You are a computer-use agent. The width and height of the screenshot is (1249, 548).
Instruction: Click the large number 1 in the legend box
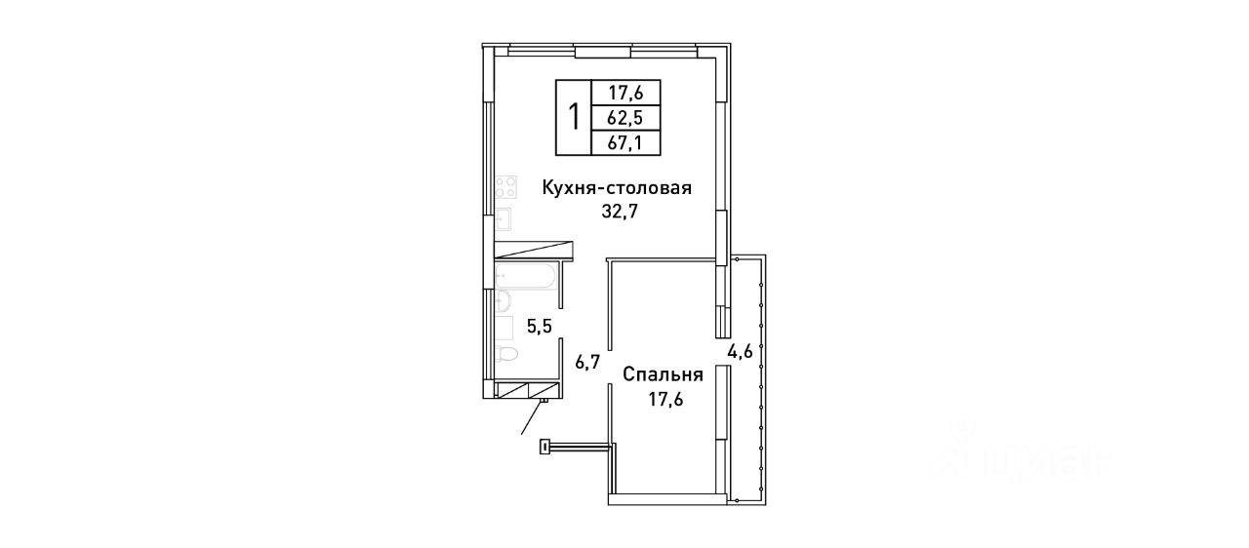574,117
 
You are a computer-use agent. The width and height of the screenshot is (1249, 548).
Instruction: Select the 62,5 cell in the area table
625,118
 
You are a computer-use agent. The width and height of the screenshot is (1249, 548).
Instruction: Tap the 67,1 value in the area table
625,143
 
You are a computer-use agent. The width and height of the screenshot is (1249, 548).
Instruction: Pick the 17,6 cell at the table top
625,92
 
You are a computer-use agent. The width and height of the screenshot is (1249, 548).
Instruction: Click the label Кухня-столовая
618,187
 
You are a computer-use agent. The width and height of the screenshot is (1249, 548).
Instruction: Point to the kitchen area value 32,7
619,212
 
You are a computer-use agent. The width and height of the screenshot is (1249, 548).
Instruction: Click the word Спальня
663,374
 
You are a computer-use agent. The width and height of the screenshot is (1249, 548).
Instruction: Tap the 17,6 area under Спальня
665,400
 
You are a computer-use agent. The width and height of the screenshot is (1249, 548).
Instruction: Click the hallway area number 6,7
587,363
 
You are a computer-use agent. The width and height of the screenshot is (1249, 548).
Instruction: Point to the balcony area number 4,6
741,351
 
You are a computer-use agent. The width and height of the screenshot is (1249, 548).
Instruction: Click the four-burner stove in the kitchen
505,186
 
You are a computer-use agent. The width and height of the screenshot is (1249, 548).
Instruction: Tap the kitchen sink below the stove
503,218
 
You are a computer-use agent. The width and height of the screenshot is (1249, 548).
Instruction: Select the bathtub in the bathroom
525,276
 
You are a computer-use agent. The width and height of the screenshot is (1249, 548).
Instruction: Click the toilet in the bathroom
506,353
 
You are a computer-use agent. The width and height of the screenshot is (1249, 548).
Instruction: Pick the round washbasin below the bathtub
503,300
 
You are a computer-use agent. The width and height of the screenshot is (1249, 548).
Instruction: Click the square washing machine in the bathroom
504,328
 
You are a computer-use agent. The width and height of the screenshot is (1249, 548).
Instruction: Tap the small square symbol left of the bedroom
544,447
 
